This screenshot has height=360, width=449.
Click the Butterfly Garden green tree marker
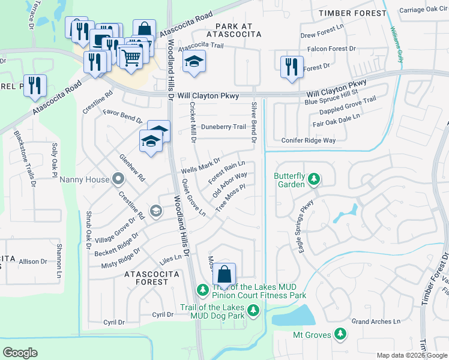pos(313,179)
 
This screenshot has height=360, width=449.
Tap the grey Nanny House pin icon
pos(118,179)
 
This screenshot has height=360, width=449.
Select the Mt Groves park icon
pos(340,334)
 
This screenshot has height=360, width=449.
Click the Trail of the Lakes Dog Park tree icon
pos(254,310)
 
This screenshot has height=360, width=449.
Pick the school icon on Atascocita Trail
pos(194,62)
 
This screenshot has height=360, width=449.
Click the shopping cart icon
pos(130,57)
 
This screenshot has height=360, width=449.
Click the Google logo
pos(20,352)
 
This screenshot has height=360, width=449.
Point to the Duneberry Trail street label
pos(223,127)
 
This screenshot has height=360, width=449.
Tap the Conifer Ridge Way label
pos(309,140)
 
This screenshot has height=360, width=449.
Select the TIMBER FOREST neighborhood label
pos(353,13)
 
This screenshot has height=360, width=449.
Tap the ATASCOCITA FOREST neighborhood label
pos(146,278)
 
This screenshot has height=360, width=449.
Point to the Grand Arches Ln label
pos(376,322)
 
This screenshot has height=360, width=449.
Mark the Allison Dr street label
pos(33,262)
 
